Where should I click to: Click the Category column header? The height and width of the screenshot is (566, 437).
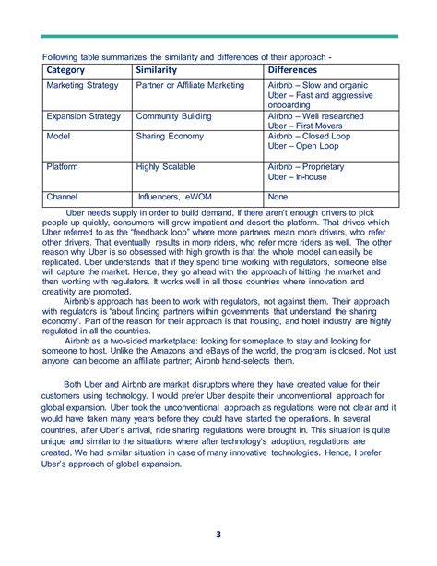tap(65, 70)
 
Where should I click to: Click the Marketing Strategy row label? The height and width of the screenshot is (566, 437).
tap(82, 86)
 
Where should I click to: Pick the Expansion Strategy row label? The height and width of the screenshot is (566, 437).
tap(83, 117)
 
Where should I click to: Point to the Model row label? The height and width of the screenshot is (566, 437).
tap(58, 135)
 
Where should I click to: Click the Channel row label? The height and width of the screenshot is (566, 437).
tap(63, 197)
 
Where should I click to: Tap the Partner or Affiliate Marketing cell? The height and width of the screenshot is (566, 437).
tap(190, 86)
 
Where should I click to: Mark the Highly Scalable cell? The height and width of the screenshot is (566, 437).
tap(167, 167)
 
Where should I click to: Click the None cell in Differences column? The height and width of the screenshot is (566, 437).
tap(277, 197)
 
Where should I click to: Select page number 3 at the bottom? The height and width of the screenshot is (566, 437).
tap(218, 535)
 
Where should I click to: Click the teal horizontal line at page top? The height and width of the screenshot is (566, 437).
tap(218, 37)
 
